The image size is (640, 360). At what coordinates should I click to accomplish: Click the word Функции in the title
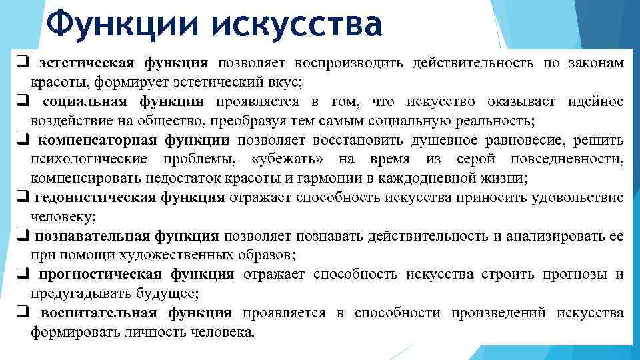click(124, 25)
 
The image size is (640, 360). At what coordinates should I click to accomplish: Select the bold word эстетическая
click(85, 63)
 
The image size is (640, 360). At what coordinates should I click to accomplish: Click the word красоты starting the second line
click(54, 83)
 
